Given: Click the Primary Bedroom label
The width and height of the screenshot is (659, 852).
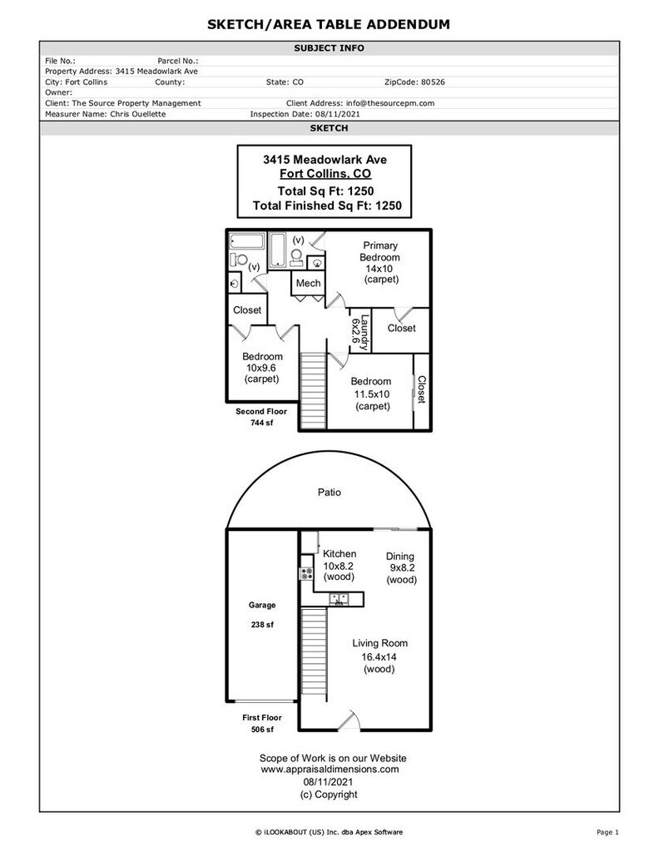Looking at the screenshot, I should coord(379,251).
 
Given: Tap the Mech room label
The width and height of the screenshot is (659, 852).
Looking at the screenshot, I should coord(308,284).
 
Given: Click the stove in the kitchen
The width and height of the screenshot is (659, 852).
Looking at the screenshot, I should coord(305,573).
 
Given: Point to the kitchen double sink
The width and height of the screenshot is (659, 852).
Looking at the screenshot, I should coord(338,597).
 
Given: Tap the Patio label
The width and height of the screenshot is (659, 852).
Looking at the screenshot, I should coord(329,493).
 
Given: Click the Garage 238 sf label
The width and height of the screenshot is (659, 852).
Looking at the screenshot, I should coord(262,614).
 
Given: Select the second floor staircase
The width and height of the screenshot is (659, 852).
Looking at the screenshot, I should coord(312,389).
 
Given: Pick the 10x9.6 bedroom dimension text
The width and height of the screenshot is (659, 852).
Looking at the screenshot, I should coord(261,368).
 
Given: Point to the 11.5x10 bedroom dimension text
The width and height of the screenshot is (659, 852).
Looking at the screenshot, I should coord(372,394).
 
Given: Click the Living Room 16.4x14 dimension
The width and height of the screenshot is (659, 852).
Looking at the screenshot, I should coord(379,656).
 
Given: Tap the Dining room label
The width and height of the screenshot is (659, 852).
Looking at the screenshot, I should coord(400,557).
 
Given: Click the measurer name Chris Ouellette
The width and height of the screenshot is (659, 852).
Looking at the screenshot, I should coord(138,114).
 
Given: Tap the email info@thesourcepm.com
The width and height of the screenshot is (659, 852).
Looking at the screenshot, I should coord(391,103).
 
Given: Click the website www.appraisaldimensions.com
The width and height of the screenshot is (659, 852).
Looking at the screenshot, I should coord(329,770).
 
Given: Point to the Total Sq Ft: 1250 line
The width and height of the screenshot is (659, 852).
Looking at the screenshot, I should coord(331,191).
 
